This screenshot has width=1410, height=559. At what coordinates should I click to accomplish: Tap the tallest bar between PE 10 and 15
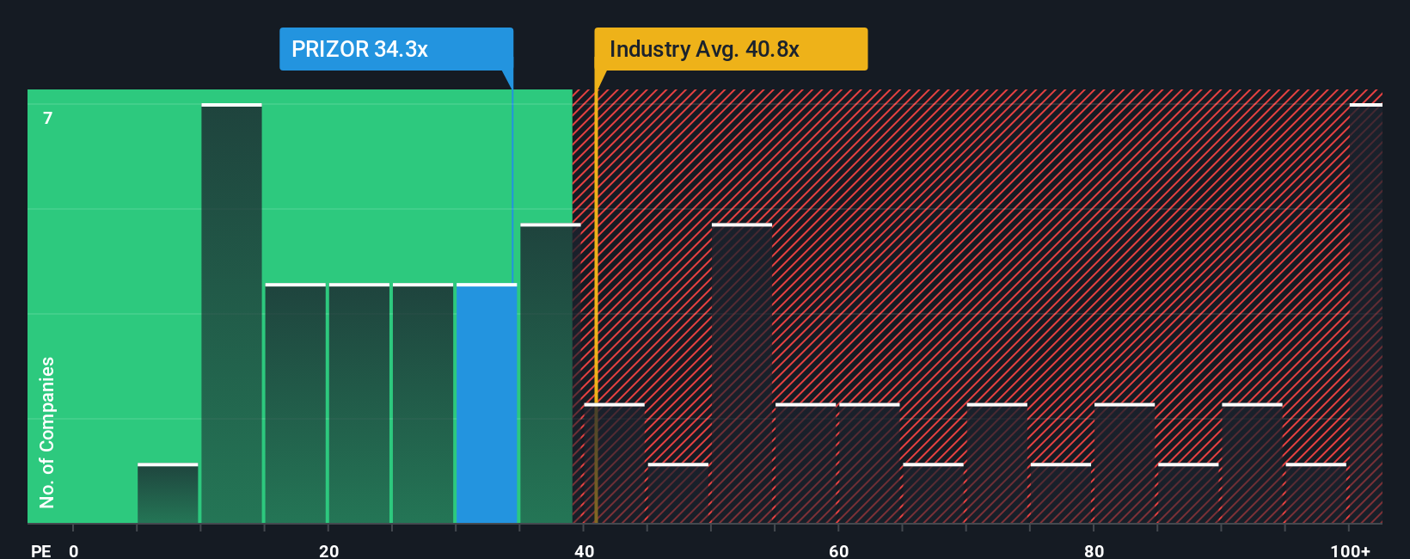click(x=231, y=314)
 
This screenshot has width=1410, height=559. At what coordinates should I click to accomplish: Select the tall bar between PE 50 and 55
click(x=742, y=373)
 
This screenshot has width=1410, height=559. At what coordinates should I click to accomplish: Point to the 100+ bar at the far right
click(x=1365, y=314)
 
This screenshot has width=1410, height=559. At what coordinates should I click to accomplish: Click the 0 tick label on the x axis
click(x=74, y=551)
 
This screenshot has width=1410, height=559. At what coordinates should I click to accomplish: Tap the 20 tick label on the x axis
click(x=328, y=551)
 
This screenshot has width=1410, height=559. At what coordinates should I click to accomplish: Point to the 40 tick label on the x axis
click(x=584, y=551)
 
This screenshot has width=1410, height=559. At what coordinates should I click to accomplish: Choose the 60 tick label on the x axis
click(x=838, y=551)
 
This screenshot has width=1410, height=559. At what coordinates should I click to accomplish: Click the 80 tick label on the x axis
click(x=1094, y=551)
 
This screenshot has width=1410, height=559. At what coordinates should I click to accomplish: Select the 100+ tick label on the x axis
click(x=1350, y=551)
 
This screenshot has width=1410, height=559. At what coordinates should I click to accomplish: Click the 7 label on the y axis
click(x=48, y=118)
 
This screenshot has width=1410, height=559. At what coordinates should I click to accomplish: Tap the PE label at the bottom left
click(x=40, y=551)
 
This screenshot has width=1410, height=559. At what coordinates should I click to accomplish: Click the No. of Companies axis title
click(x=47, y=432)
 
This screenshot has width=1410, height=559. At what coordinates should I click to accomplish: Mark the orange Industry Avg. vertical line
click(x=596, y=301)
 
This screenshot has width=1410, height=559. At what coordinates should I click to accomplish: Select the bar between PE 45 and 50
click(x=678, y=494)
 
